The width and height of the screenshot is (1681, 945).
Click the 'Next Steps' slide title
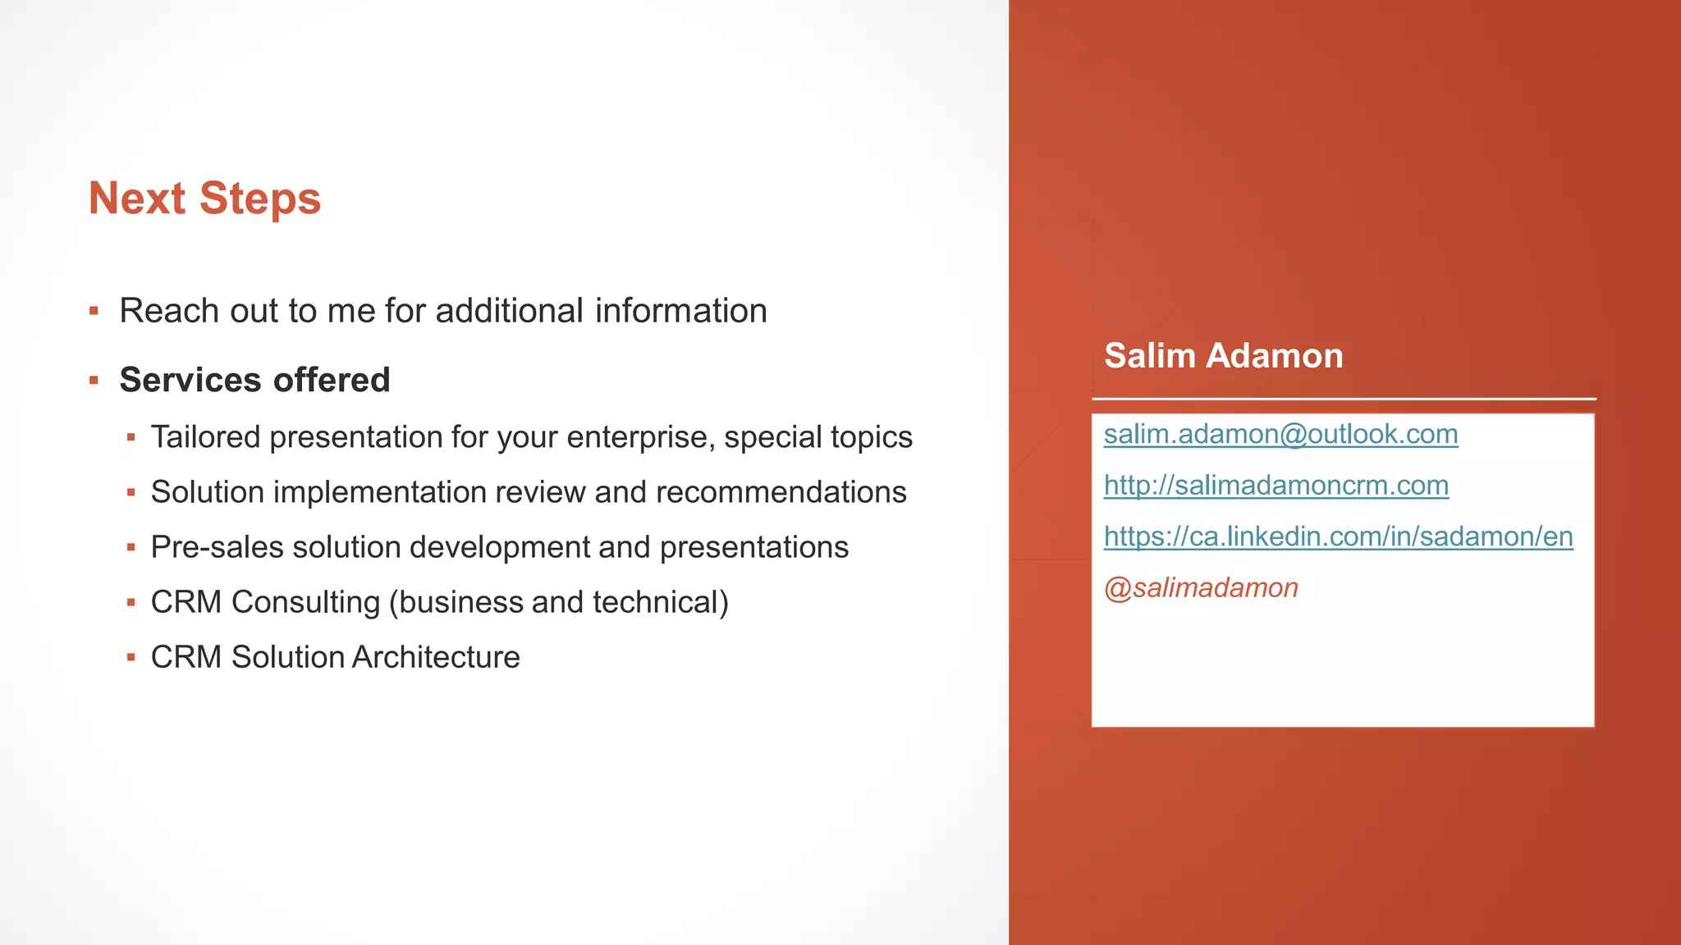pyautogui.click(x=204, y=199)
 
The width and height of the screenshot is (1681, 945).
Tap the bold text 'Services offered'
pyautogui.click(x=254, y=380)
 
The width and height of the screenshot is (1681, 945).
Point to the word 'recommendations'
pyautogui.click(x=781, y=492)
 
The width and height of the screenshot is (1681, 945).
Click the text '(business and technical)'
pyautogui.click(x=558, y=602)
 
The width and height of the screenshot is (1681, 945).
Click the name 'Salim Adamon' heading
pyautogui.click(x=1223, y=356)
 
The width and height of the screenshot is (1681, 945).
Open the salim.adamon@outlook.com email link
pyautogui.click(x=1280, y=434)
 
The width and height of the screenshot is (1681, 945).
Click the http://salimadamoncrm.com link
pyautogui.click(x=1276, y=486)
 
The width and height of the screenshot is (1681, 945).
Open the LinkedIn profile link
pyautogui.click(x=1338, y=536)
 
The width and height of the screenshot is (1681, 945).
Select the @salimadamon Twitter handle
pyautogui.click(x=1201, y=588)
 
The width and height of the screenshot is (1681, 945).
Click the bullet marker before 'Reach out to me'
pyautogui.click(x=94, y=311)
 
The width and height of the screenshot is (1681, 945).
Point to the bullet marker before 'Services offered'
pyautogui.click(x=94, y=380)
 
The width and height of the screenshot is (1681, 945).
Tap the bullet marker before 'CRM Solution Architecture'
pyautogui.click(x=131, y=657)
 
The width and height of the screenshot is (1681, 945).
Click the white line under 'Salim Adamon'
pyautogui.click(x=1344, y=399)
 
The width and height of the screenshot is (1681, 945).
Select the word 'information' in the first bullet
pyautogui.click(x=680, y=311)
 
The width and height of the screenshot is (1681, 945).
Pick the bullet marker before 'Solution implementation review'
pyautogui.click(x=131, y=492)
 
